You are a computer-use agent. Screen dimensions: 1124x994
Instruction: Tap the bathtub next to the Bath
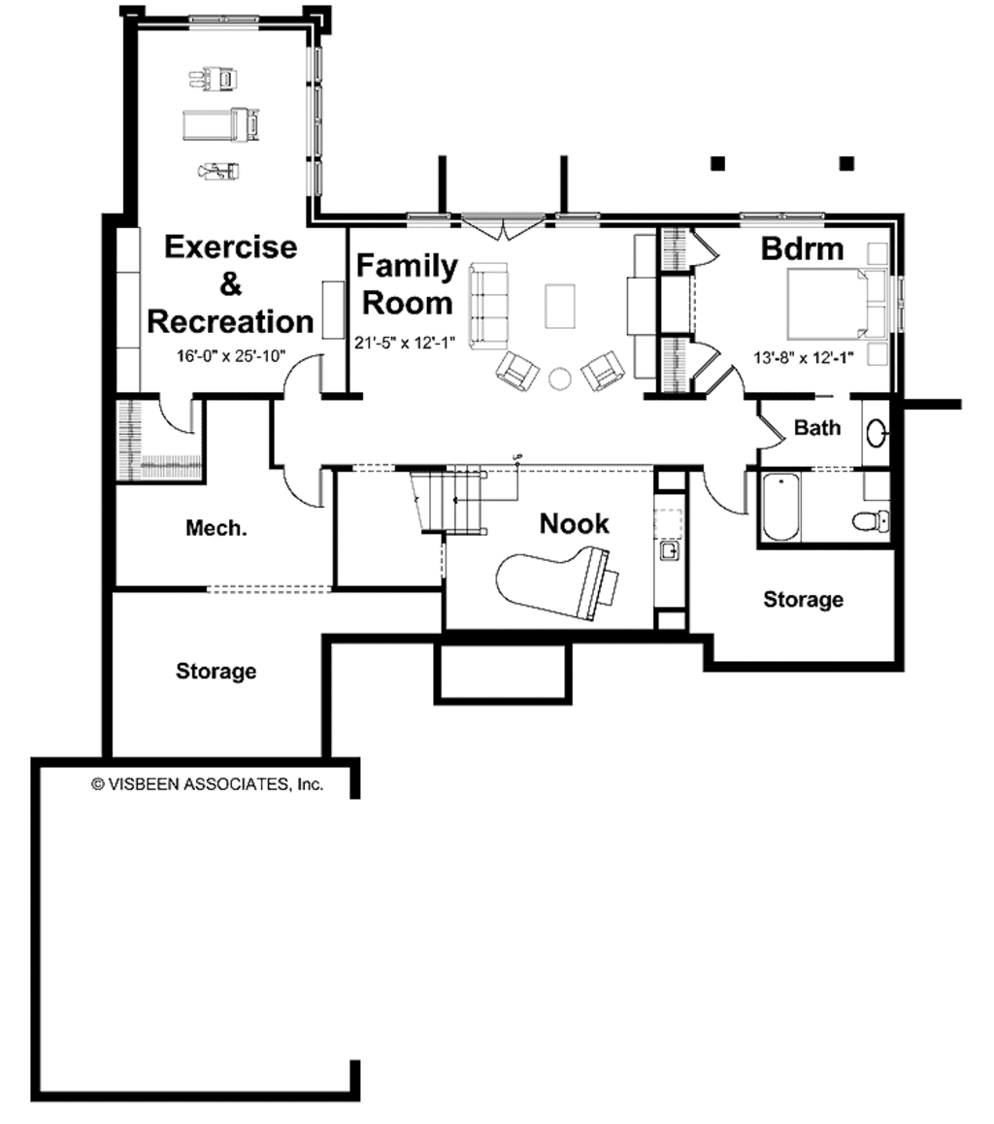[x=780, y=508]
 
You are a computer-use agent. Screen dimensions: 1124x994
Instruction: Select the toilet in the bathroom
[x=871, y=521]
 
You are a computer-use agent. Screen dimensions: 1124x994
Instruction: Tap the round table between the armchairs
[x=560, y=378]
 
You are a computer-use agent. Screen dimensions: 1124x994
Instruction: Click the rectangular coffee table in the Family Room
[x=561, y=305]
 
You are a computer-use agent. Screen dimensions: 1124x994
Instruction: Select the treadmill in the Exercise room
[x=222, y=123]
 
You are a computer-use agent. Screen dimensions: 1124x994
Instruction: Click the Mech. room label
[x=216, y=529]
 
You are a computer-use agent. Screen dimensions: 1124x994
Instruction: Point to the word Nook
[x=574, y=524]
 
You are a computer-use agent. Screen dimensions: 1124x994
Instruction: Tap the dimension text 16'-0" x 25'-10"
[x=230, y=356]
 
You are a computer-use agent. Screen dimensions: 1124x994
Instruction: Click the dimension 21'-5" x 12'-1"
[x=406, y=343]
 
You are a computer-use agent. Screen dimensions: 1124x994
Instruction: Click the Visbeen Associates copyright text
[x=207, y=783]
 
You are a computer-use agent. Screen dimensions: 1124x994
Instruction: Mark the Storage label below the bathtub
[x=803, y=600]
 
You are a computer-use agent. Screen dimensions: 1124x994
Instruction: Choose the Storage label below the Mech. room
[x=215, y=671]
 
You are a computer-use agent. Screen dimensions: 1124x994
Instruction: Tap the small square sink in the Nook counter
[x=669, y=551]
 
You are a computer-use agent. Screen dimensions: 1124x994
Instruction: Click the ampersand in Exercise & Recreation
[x=230, y=284]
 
